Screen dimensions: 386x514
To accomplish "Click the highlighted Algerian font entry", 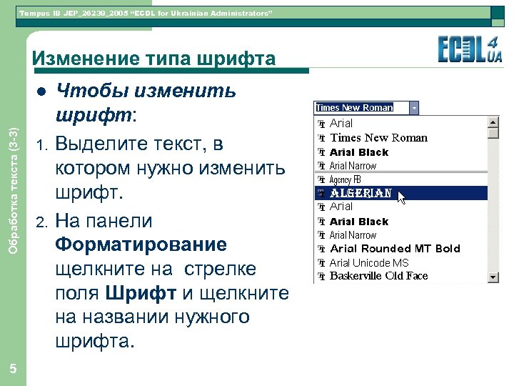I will click(x=361, y=193).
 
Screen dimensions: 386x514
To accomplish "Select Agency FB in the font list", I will click(x=346, y=179).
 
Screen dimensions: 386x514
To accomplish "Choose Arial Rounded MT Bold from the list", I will click(x=395, y=249).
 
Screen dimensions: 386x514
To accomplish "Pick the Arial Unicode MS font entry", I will click(x=369, y=262).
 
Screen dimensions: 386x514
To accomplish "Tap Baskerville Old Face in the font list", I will click(x=378, y=276).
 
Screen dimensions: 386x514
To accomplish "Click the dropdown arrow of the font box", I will click(x=415, y=107).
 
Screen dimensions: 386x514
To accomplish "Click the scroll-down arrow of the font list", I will click(x=493, y=277).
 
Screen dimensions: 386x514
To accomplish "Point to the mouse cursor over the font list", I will click(x=402, y=197).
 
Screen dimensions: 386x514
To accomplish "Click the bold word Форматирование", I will click(x=141, y=244).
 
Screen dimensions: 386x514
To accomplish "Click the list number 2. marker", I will click(x=41, y=221).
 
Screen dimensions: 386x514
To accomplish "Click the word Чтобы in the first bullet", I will click(x=85, y=91).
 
